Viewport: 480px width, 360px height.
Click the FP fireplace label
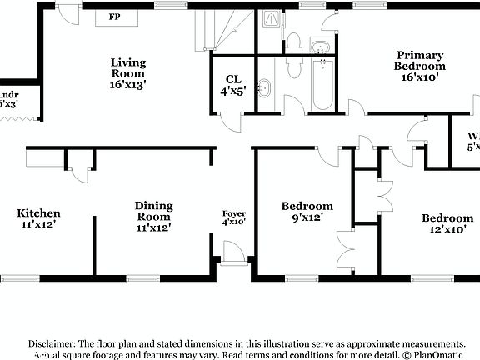point(113,16)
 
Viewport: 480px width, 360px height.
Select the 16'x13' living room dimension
point(128,84)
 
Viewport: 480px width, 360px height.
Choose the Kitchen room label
point(38,213)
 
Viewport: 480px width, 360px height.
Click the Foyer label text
point(234,213)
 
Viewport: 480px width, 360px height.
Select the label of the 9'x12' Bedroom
point(307,206)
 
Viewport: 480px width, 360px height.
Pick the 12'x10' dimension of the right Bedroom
point(447,229)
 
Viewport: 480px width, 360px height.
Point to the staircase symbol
point(218,29)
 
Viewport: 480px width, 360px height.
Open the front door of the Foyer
point(234,252)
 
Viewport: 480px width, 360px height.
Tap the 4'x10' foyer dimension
point(234,222)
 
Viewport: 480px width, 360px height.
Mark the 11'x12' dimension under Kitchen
point(38,224)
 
